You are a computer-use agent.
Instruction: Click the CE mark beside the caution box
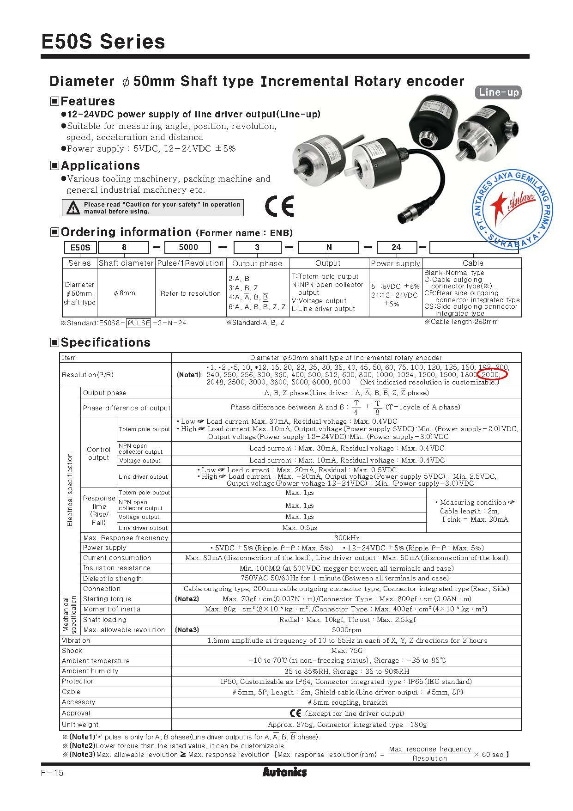(279, 207)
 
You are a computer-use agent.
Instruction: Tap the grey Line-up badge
(498, 92)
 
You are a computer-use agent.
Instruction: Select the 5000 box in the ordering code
(188, 247)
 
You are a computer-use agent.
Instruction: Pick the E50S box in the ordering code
(80, 247)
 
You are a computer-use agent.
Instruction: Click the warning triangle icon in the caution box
(72, 208)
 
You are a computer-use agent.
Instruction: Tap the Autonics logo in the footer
(284, 772)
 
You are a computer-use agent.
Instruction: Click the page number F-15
(52, 773)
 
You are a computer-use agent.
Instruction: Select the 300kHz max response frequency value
(346, 538)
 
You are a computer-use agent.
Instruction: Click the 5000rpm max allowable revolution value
(346, 630)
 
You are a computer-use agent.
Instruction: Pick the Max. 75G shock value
(346, 651)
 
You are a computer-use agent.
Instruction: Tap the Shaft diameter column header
(126, 263)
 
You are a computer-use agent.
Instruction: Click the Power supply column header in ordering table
(395, 263)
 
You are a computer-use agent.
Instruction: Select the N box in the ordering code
(329, 247)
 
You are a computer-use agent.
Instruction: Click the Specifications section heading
(105, 342)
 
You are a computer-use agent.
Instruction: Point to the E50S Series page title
(103, 42)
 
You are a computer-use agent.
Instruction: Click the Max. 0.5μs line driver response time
(300, 528)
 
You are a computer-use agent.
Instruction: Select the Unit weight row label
(80, 725)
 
